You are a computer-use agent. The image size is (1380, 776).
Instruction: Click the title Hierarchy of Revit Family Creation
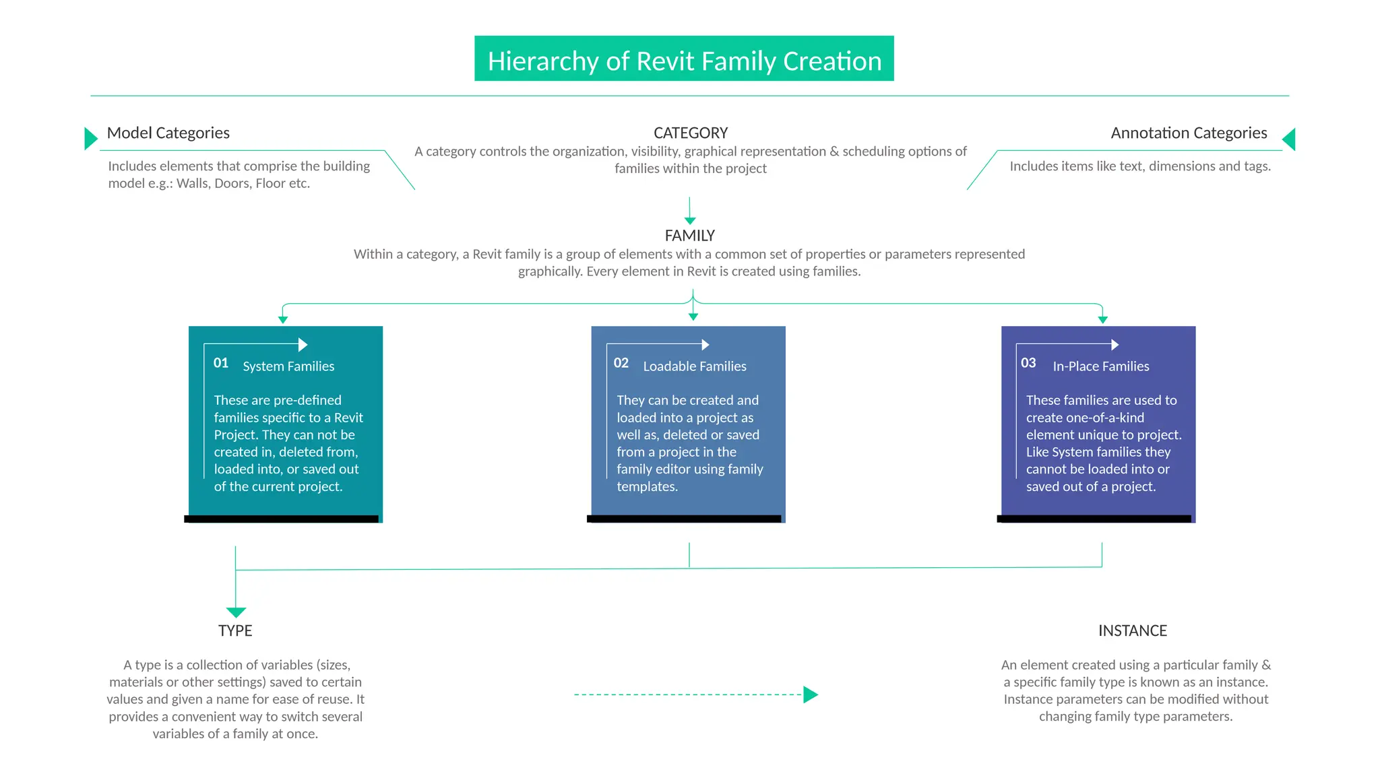[684, 61]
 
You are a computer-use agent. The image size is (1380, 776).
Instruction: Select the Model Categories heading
[168, 133]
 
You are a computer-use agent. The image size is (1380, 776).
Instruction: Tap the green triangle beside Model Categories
[90, 138]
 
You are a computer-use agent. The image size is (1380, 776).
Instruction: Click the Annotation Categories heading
[1189, 133]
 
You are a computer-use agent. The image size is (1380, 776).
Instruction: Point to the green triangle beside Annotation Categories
[1289, 139]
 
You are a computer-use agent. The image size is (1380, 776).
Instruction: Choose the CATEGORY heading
[691, 133]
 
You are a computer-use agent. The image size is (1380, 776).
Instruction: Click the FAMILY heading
[689, 236]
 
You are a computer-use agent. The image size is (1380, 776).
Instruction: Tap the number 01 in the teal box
[221, 363]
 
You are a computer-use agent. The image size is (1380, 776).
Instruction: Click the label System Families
[288, 366]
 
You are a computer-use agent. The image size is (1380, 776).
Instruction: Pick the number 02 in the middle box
[621, 363]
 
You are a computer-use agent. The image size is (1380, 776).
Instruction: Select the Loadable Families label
[695, 366]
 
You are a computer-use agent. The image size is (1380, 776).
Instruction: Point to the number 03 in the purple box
[1028, 363]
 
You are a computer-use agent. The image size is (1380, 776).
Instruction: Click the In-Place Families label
[1101, 366]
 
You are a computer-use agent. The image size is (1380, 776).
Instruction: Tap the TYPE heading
[235, 630]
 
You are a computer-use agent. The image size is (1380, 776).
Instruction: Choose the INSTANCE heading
[1133, 630]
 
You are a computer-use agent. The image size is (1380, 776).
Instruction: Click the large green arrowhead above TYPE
[236, 612]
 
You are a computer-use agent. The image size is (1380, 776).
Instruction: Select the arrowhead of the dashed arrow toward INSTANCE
[811, 694]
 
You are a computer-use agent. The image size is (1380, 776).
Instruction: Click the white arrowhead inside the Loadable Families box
[705, 345]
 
